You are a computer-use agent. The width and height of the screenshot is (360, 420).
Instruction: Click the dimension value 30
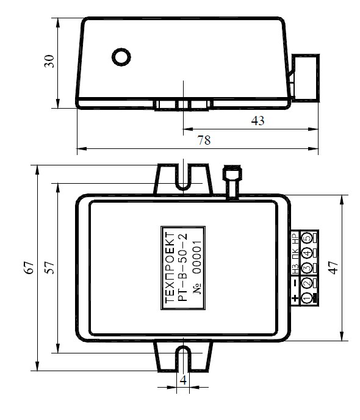49,61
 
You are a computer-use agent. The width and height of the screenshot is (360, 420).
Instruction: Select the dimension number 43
257,121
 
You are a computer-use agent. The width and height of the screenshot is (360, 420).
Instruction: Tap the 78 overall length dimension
204,140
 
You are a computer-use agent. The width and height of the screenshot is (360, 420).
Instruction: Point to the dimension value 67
29,267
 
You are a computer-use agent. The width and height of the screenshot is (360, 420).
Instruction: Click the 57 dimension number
49,267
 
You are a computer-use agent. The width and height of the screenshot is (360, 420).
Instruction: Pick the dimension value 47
334,267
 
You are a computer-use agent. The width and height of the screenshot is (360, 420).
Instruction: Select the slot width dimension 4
183,380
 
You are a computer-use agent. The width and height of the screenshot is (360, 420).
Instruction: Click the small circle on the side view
121,57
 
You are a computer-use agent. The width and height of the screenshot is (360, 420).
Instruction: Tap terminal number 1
307,298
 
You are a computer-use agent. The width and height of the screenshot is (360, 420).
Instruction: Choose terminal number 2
307,283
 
